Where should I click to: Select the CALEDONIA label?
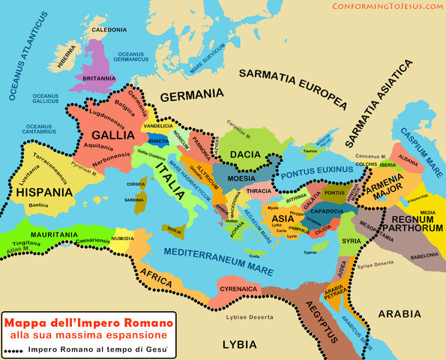(109, 30)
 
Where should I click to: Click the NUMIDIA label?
(123, 238)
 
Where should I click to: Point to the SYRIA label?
(351, 241)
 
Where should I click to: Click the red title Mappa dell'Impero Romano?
(88, 322)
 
